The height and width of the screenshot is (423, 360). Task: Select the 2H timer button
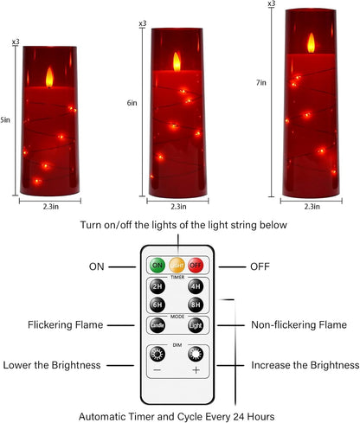tap(157, 287)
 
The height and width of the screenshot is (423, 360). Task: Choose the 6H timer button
tap(157, 304)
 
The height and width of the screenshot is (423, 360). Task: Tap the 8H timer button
tap(196, 304)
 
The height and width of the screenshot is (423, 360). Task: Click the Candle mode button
tap(157, 326)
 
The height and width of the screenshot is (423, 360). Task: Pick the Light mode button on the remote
tap(196, 326)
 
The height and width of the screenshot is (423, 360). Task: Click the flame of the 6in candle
tap(178, 60)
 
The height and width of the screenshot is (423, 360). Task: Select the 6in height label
tap(131, 102)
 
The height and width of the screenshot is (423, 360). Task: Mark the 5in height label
tap(4, 119)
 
